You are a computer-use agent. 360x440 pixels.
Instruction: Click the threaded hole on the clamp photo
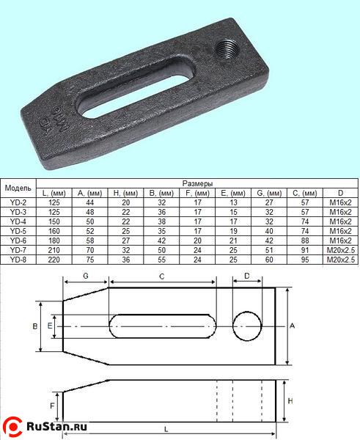coord(227,49)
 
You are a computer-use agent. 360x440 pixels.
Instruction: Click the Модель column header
coord(18,188)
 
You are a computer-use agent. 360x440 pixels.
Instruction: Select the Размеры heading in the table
coord(197,183)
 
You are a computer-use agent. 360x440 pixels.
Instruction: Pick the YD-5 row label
coord(18,231)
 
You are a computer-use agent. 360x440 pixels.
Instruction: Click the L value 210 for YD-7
coord(54,250)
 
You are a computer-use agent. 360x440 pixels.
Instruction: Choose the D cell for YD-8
coord(340,260)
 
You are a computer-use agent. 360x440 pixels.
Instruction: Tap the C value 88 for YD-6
coord(305,241)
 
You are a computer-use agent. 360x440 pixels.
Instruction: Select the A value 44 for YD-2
coord(89,202)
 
